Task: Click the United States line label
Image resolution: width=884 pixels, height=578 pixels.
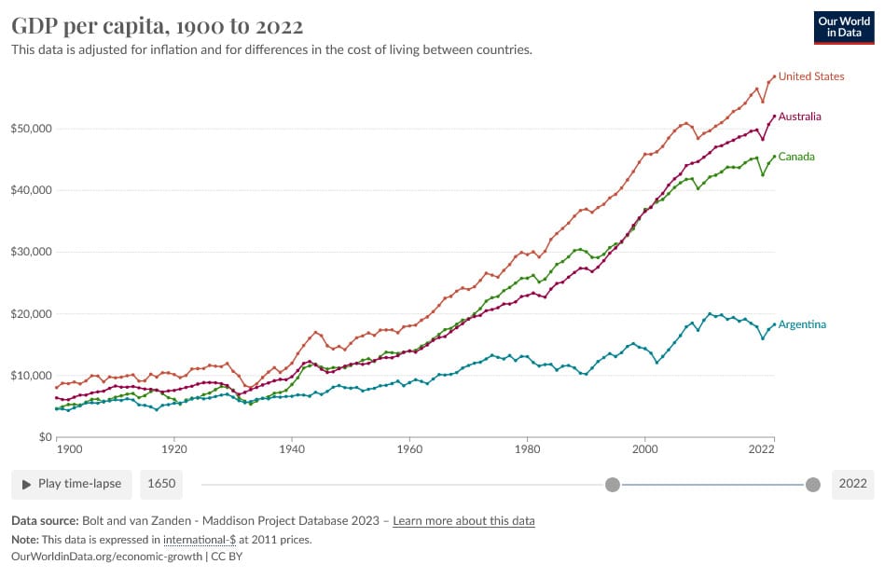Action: (x=811, y=76)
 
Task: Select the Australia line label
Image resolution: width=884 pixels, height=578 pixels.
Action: (x=799, y=117)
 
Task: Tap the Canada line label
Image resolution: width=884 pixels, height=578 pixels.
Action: (x=796, y=157)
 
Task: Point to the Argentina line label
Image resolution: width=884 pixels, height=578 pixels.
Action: (x=802, y=324)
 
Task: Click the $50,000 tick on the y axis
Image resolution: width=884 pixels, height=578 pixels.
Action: (x=30, y=129)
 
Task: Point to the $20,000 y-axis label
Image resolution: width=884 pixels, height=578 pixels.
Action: (x=30, y=314)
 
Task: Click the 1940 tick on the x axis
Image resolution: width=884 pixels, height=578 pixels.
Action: (x=292, y=449)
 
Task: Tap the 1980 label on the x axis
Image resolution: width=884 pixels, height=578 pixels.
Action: (x=527, y=449)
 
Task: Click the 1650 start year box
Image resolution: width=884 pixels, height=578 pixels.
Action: (x=160, y=484)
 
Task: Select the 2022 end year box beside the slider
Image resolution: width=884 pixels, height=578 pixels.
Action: (x=852, y=484)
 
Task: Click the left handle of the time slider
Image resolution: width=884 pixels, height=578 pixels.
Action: (x=613, y=484)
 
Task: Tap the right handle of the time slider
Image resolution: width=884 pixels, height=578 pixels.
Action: (x=812, y=484)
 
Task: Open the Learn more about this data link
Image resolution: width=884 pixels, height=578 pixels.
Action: (x=463, y=520)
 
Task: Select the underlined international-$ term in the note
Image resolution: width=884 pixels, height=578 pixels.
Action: (x=200, y=539)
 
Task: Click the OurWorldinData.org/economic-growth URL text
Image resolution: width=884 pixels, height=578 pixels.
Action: (x=105, y=556)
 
